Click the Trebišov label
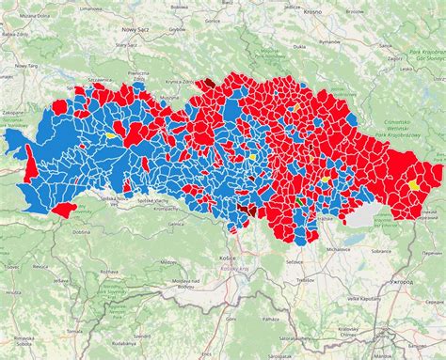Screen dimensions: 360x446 [x=304, y=279]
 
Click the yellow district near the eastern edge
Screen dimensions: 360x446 [x=413, y=185]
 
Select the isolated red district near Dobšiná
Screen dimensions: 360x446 [x=64, y=209]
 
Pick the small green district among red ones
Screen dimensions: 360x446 [x=300, y=200]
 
